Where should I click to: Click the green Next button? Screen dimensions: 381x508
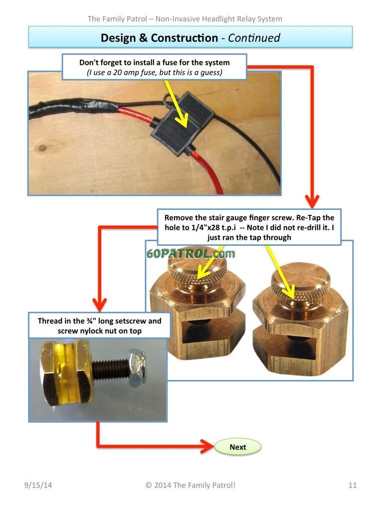click(x=238, y=447)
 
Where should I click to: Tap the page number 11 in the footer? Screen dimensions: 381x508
click(x=353, y=485)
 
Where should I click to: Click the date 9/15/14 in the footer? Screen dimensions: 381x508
click(x=38, y=485)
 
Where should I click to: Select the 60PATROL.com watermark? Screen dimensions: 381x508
click(x=190, y=253)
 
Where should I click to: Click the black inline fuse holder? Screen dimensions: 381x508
click(x=182, y=123)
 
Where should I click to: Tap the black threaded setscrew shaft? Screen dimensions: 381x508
click(x=110, y=369)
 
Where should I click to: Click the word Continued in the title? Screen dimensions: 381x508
click(x=254, y=38)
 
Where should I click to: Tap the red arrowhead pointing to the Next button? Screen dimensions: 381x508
click(x=207, y=447)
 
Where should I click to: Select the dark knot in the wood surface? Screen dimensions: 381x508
click(x=42, y=149)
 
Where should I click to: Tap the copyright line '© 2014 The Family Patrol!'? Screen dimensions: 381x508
click(x=190, y=485)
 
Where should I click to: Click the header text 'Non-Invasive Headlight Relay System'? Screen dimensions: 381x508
click(x=219, y=19)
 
